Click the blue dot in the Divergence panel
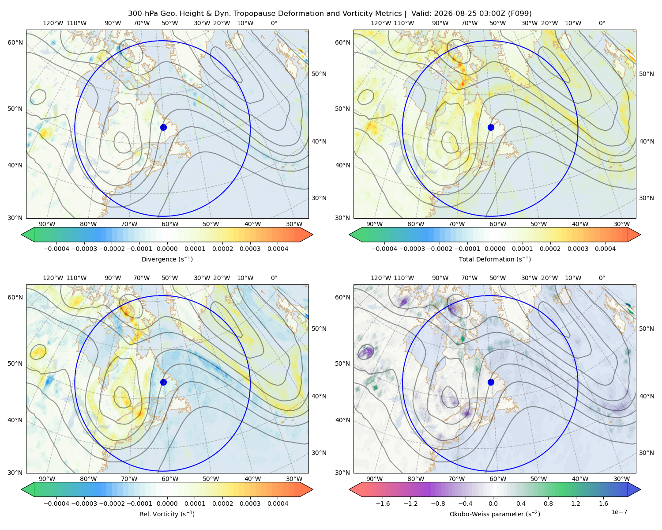[x=163, y=127]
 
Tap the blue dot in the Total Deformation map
[x=491, y=127]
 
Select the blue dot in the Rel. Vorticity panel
[x=163, y=382]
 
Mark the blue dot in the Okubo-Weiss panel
[x=491, y=382]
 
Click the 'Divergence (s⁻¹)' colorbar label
[x=167, y=259]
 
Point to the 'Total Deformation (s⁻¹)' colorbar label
[x=495, y=259]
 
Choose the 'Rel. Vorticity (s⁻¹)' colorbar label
[x=167, y=514]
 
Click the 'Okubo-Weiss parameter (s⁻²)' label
[x=495, y=514]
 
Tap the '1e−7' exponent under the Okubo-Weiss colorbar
[x=619, y=512]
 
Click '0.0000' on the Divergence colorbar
[x=167, y=249]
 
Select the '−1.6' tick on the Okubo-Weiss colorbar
[x=383, y=503]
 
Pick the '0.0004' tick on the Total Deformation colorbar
[x=605, y=249]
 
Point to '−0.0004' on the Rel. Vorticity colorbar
[x=56, y=503]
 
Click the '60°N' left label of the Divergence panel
[x=15, y=42]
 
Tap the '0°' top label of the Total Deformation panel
[x=602, y=23]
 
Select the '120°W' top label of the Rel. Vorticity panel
[x=53, y=278]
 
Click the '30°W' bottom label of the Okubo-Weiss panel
[x=621, y=479]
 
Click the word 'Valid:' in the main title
[x=420, y=14]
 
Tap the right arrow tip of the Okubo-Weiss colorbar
[x=640, y=489]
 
